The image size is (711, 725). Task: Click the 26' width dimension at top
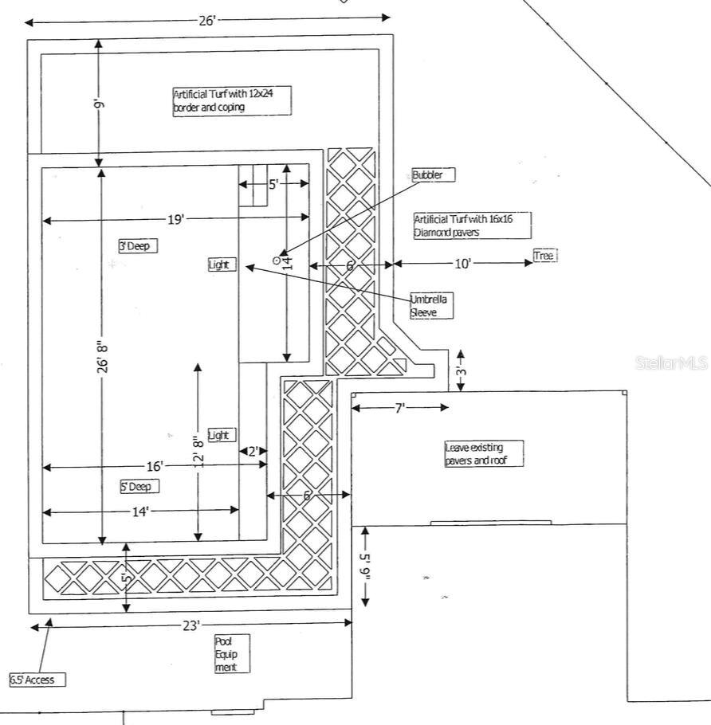207,21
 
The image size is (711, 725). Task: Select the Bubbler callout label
433,175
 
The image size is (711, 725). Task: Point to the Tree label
544,256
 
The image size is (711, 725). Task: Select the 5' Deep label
139,486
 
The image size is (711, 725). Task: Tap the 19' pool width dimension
175,218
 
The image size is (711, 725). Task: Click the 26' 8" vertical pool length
102,359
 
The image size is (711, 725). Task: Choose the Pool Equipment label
231,654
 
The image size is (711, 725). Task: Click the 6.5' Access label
37,680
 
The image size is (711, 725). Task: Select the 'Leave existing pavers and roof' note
483,453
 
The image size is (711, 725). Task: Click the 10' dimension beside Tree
463,264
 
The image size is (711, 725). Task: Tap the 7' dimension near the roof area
399,408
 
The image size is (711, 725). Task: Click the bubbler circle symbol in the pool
277,260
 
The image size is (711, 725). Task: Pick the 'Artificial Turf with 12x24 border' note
231,100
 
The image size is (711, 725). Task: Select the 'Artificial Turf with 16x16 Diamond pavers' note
472,225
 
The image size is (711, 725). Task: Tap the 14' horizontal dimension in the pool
140,511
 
